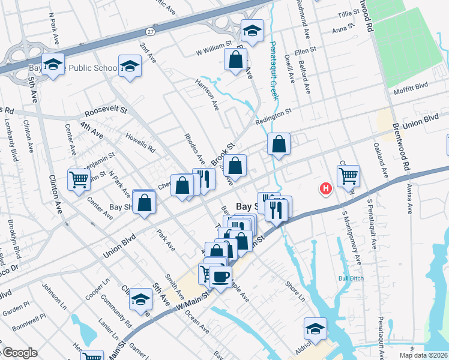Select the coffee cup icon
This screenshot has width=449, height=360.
point(221,277)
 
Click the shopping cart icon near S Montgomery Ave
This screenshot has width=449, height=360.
point(348,176)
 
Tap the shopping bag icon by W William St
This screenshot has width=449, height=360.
point(236,59)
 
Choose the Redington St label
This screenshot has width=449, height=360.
point(273,115)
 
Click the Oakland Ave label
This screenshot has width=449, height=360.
point(381,161)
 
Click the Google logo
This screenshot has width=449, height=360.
point(20,353)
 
